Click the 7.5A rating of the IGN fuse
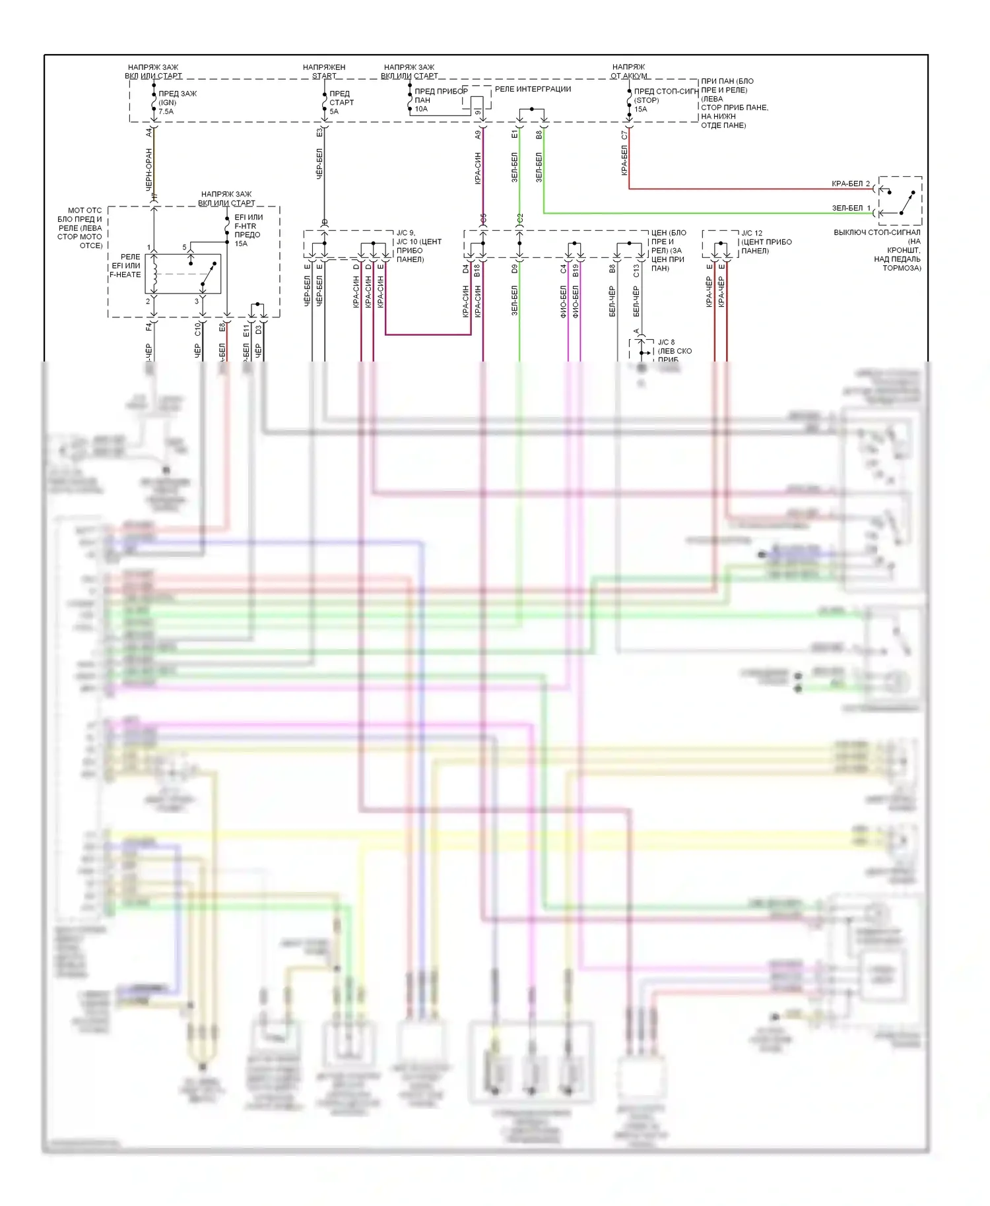[x=166, y=111]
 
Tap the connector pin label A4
[x=150, y=133]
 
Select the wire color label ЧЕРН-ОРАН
[x=149, y=170]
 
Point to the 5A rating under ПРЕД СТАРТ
[x=334, y=111]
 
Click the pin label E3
[x=320, y=133]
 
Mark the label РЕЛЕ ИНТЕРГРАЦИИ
[x=533, y=89]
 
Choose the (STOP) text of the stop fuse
[x=646, y=100]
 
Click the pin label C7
[x=624, y=135]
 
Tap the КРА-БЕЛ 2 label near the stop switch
[x=851, y=184]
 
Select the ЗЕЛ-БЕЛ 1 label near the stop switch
[x=851, y=208]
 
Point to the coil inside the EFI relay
[x=155, y=274]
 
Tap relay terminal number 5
[x=185, y=247]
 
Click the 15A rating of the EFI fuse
[x=241, y=244]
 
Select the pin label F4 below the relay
[x=149, y=327]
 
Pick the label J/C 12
[x=752, y=234]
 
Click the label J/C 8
[x=667, y=342]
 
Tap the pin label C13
[x=636, y=271]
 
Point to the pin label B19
[x=576, y=270]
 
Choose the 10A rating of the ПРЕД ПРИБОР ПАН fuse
[x=421, y=109]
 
